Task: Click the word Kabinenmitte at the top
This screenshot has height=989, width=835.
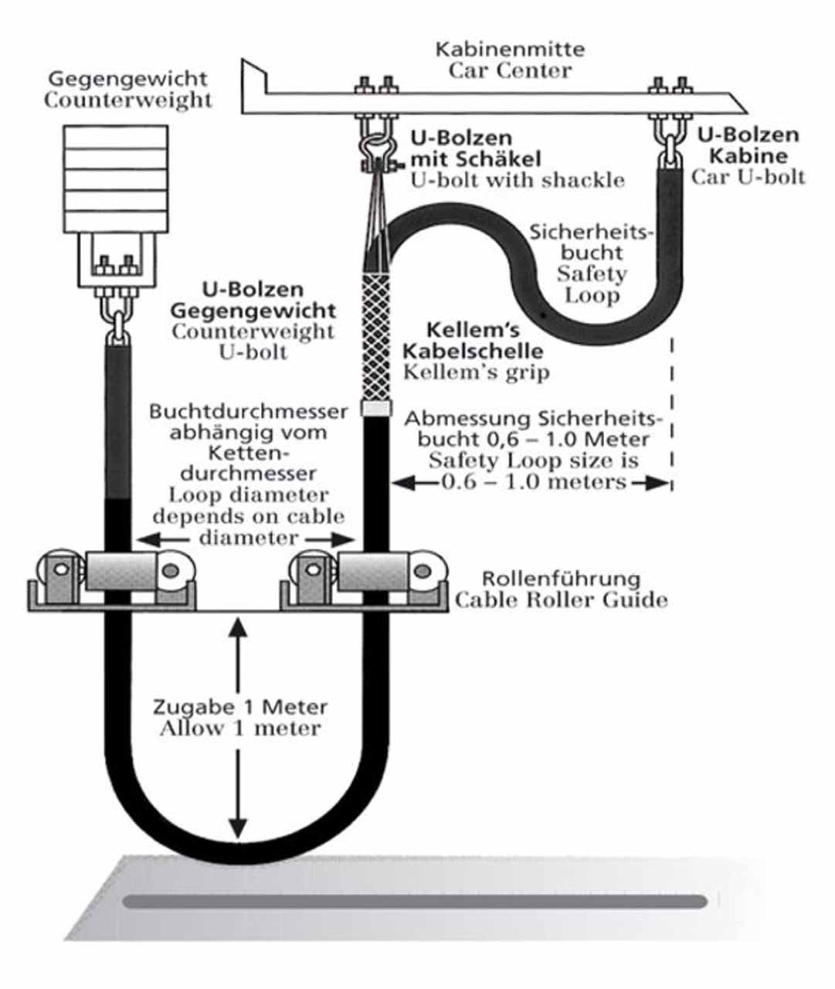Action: pyautogui.click(x=510, y=49)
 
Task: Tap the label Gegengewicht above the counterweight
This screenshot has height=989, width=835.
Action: pyautogui.click(x=128, y=79)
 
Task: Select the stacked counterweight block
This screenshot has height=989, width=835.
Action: pyautogui.click(x=116, y=179)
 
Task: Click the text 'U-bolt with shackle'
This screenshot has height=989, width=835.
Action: pyautogui.click(x=518, y=181)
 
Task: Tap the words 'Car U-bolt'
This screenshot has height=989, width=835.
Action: pyautogui.click(x=748, y=178)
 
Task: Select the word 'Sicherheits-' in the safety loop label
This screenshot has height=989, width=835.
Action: pyautogui.click(x=591, y=232)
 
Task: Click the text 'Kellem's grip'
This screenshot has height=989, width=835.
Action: pyautogui.click(x=476, y=373)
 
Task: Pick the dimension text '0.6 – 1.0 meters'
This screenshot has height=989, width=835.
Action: pyautogui.click(x=534, y=483)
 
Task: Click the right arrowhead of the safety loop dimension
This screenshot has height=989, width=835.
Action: pyautogui.click(x=658, y=483)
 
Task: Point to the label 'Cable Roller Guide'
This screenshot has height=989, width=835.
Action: pyautogui.click(x=562, y=600)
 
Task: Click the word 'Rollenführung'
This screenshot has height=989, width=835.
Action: pyautogui.click(x=561, y=579)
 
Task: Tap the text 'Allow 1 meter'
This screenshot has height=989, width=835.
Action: pyautogui.click(x=240, y=729)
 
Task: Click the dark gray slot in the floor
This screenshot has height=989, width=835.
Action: pyautogui.click(x=415, y=902)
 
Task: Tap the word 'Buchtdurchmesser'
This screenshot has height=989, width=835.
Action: pyautogui.click(x=249, y=412)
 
